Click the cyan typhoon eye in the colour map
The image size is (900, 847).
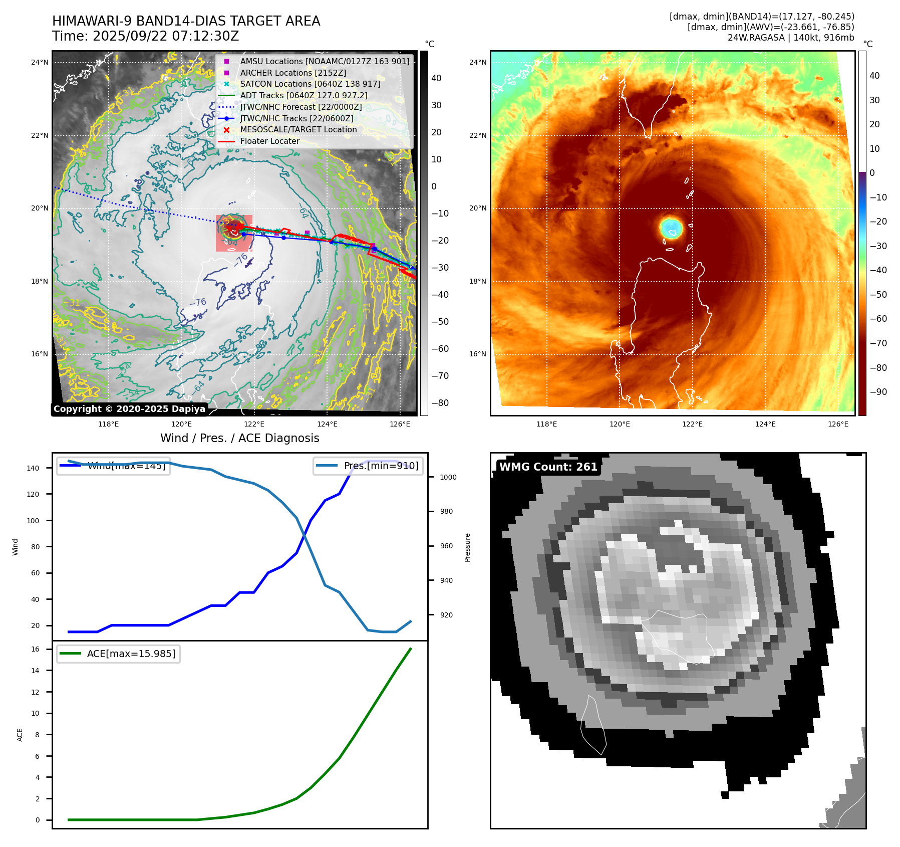(671, 228)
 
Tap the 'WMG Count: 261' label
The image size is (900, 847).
(548, 467)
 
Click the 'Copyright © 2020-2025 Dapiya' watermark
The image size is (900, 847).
(129, 409)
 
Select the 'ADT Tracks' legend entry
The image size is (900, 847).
(304, 95)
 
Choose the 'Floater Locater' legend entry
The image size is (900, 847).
(269, 141)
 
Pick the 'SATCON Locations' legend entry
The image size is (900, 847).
(310, 84)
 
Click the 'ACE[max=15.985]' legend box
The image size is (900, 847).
(118, 654)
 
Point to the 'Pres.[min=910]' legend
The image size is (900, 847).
(367, 466)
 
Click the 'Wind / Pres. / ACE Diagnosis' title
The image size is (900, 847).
(239, 438)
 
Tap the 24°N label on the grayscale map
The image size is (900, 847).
(40, 63)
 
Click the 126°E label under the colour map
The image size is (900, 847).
(838, 424)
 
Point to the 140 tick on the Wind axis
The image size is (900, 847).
(33, 468)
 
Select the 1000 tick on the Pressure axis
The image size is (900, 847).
(448, 477)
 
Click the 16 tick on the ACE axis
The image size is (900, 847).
(35, 649)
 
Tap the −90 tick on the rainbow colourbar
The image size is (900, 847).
(878, 392)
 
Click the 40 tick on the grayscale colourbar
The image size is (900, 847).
(436, 78)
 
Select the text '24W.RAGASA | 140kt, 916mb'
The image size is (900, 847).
(791, 38)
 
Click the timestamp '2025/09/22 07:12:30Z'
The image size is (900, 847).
(166, 37)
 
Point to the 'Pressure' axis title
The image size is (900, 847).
(467, 547)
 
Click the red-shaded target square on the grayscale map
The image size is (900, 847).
(234, 233)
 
